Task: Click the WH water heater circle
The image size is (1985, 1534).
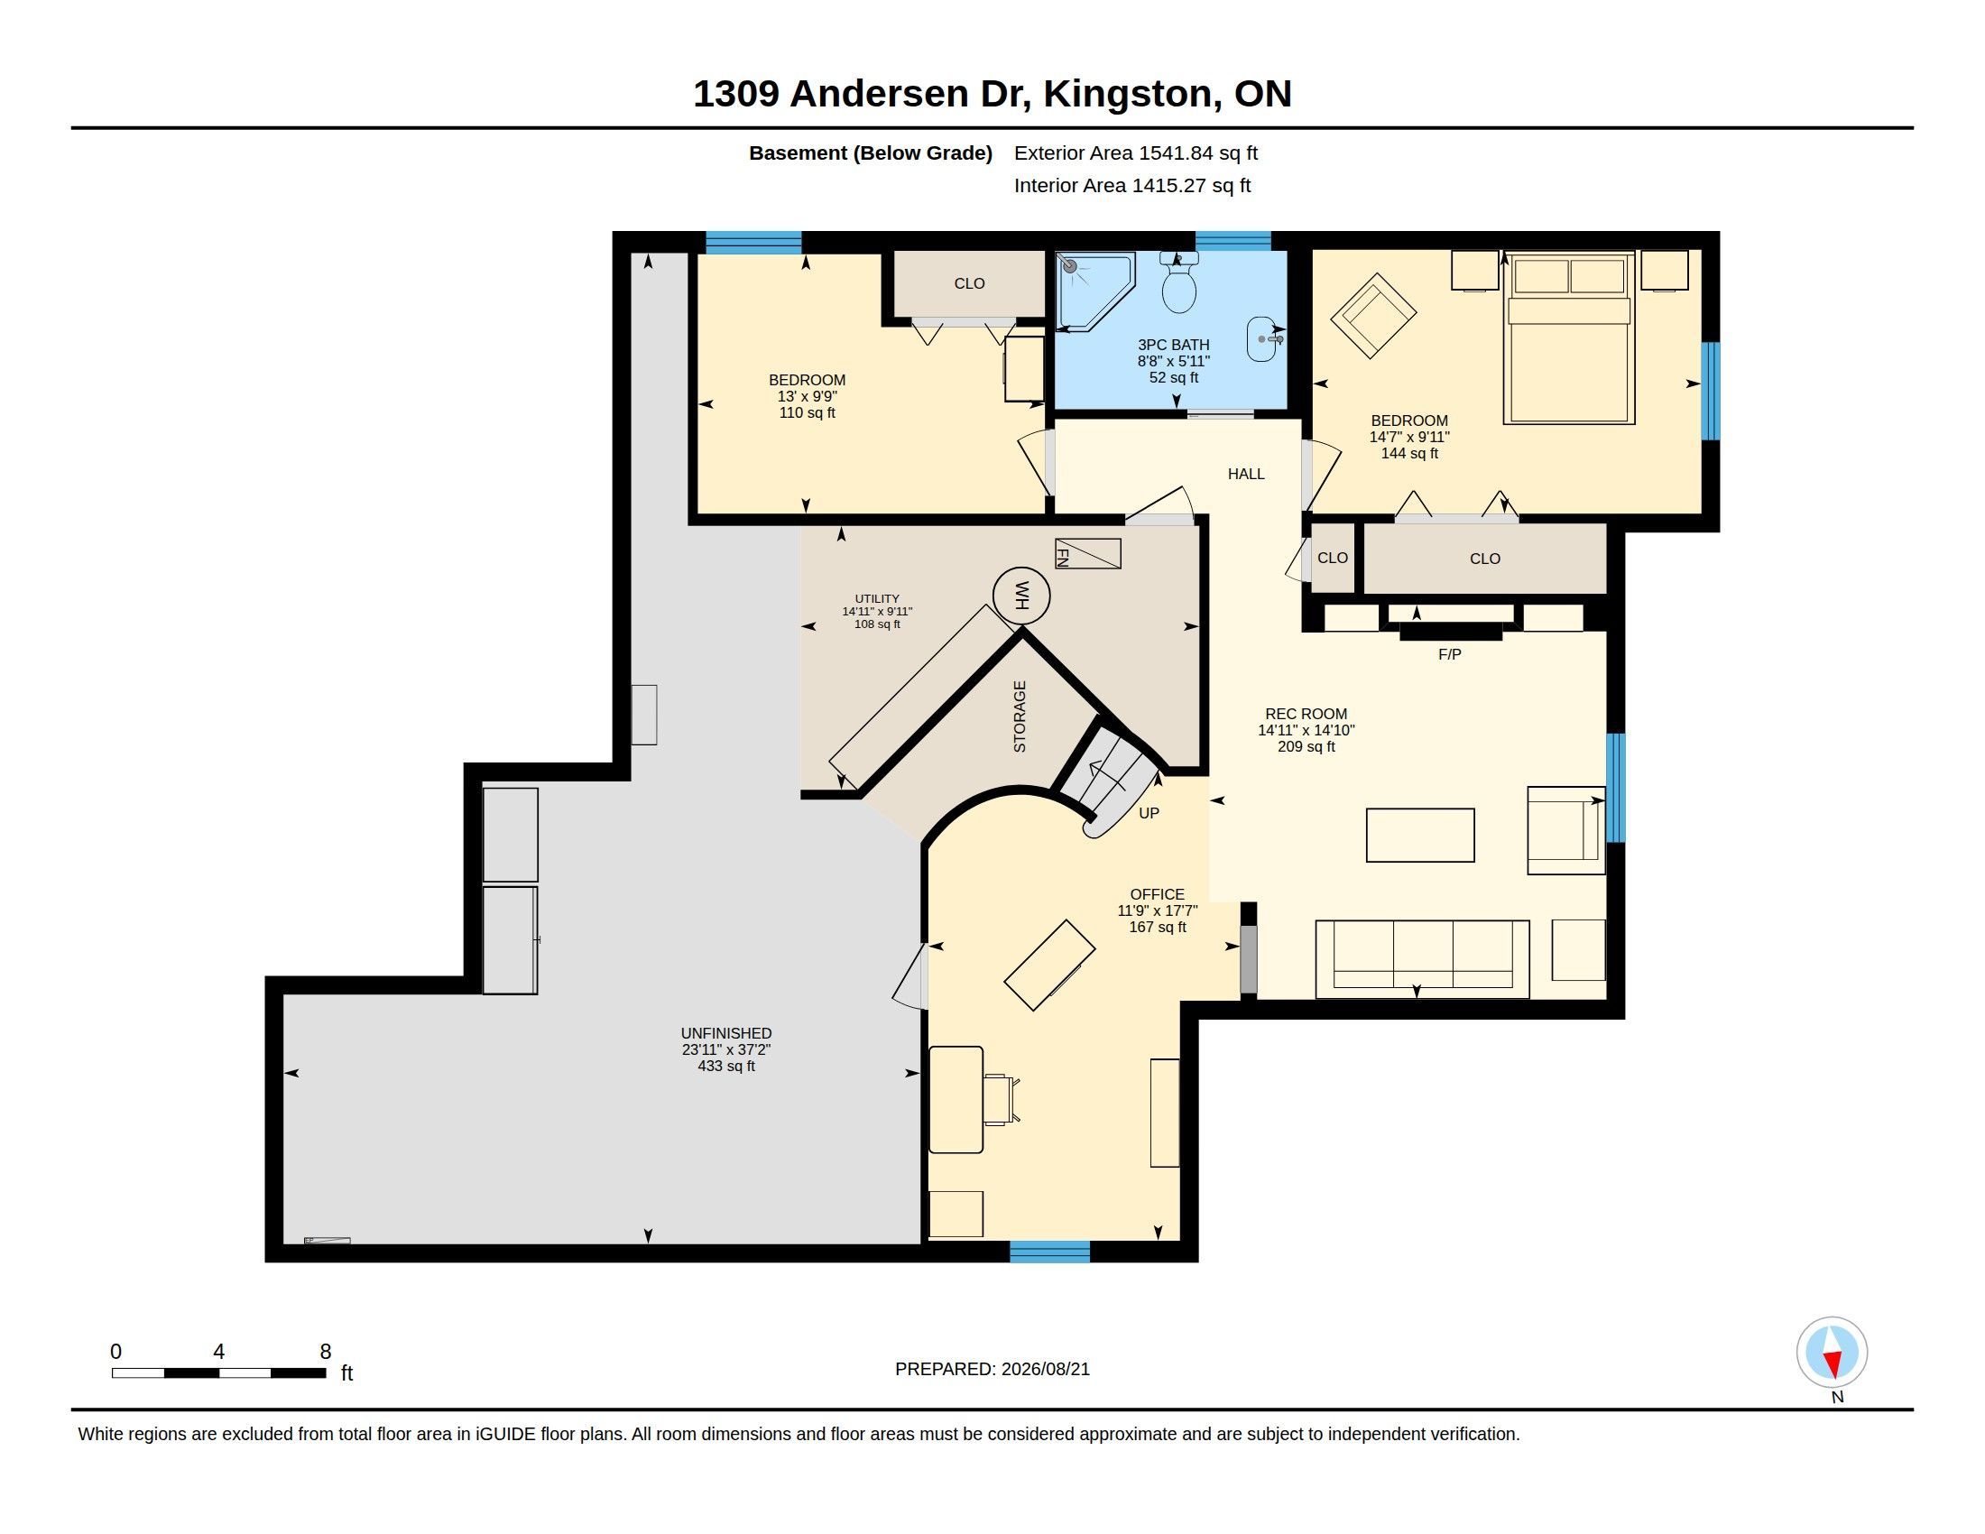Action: click(x=1021, y=596)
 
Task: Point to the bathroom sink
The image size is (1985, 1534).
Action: click(x=1263, y=340)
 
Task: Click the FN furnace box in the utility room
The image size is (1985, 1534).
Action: click(x=1087, y=553)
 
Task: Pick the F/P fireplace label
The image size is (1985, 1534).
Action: click(x=1450, y=654)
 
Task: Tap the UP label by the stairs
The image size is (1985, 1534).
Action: click(x=1149, y=813)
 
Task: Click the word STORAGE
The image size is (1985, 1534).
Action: click(x=1020, y=717)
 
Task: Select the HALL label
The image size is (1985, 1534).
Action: click(x=1246, y=474)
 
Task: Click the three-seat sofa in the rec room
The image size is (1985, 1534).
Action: click(x=1422, y=958)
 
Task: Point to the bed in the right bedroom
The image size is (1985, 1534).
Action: click(x=1569, y=338)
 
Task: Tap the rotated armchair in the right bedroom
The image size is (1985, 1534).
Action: click(x=1373, y=315)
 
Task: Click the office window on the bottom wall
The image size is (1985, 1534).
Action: click(x=1049, y=1252)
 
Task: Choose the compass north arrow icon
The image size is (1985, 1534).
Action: click(x=1833, y=1353)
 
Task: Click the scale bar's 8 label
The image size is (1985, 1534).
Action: click(x=326, y=1352)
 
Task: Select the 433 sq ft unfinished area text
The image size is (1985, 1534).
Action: click(x=726, y=1066)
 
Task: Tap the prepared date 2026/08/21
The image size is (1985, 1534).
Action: click(x=1045, y=1369)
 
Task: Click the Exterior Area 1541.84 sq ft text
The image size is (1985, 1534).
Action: click(x=1136, y=152)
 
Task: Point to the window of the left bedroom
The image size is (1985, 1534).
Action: click(x=753, y=242)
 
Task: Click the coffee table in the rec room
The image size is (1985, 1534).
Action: click(x=1420, y=836)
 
